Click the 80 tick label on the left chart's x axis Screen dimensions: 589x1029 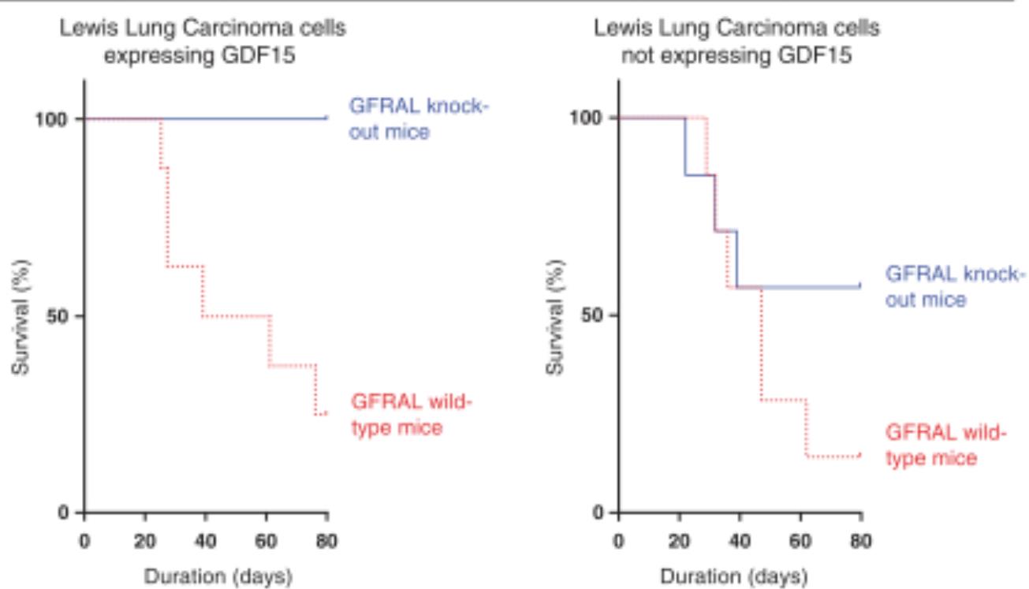pos(327,543)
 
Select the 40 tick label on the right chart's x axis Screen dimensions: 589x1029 pos(740,543)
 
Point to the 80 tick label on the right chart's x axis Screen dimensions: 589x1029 pos(861,543)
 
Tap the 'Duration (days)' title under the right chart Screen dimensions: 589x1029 pos(740,576)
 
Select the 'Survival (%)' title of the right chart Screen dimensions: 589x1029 pos(558,315)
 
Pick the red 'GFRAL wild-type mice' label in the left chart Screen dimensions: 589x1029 pos(410,416)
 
